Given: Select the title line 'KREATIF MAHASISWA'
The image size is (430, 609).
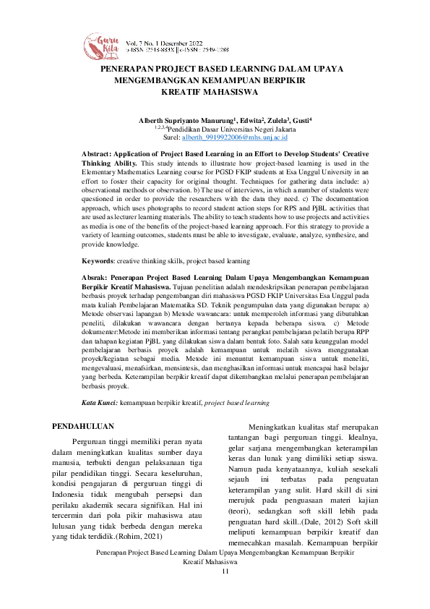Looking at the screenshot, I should [x=210, y=93].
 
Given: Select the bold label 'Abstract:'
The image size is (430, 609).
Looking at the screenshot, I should [x=98, y=155].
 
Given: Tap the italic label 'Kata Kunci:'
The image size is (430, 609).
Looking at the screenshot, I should [x=99, y=401].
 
